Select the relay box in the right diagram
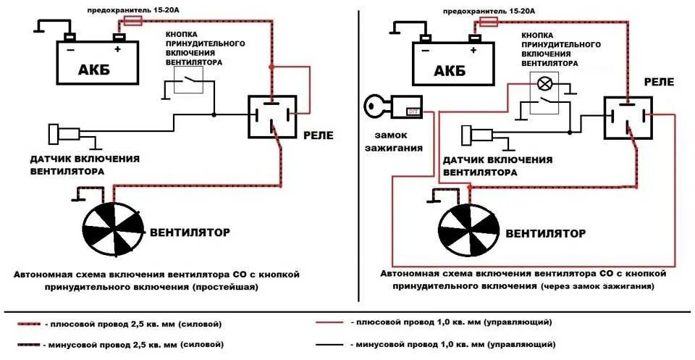(x=627, y=116)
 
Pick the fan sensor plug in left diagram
(x=62, y=134)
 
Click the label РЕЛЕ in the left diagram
(x=318, y=135)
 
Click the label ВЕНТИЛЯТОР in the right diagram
(x=545, y=234)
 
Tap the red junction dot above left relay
(x=271, y=67)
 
